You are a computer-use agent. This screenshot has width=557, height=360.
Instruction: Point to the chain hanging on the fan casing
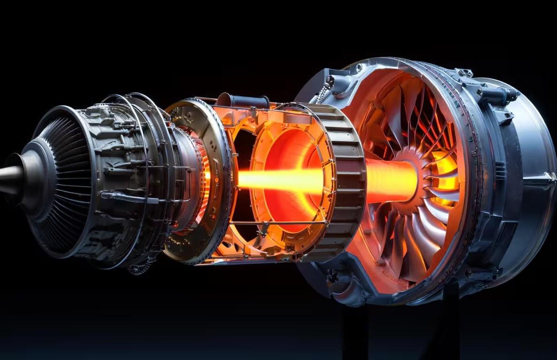click(322, 92)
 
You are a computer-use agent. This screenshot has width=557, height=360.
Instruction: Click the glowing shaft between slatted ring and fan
click(390, 180)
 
